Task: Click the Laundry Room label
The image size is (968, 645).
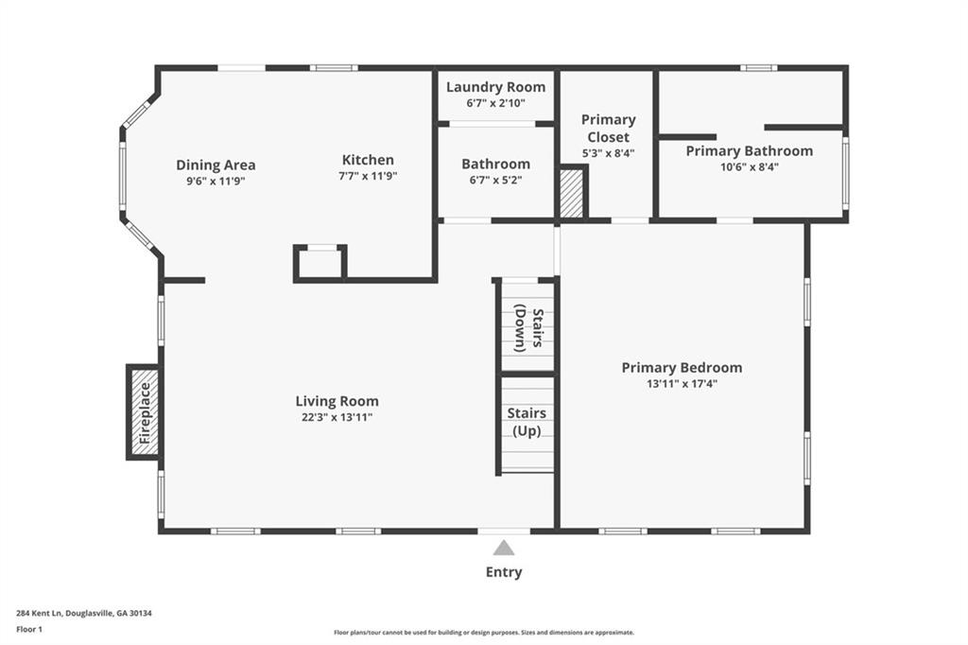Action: point(495,87)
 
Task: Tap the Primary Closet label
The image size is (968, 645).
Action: point(608,129)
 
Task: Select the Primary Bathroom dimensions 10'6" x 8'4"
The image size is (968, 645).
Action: point(750,166)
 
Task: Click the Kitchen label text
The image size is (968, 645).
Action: point(368,160)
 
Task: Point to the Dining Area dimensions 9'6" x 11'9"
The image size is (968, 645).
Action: point(216,181)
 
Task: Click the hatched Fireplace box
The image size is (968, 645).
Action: point(145,412)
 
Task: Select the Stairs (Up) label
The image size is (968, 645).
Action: point(527,422)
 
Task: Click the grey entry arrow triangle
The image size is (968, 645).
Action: point(504,548)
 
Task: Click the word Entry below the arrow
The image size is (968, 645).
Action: point(504,572)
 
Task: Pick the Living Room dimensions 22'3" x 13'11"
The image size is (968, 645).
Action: point(337,417)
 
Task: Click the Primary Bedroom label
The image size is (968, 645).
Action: point(683,368)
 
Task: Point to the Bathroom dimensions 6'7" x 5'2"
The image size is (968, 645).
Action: point(495,181)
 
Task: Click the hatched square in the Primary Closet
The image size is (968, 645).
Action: point(571,193)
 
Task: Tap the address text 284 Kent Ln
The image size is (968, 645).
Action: point(40,614)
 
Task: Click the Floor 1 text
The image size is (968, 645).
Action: point(29,630)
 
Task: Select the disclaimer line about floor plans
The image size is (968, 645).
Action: point(484,633)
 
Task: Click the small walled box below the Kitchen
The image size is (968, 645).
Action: point(320,264)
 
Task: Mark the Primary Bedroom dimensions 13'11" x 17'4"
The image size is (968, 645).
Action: point(683,384)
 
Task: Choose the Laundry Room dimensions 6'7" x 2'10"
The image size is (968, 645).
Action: point(495,103)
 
